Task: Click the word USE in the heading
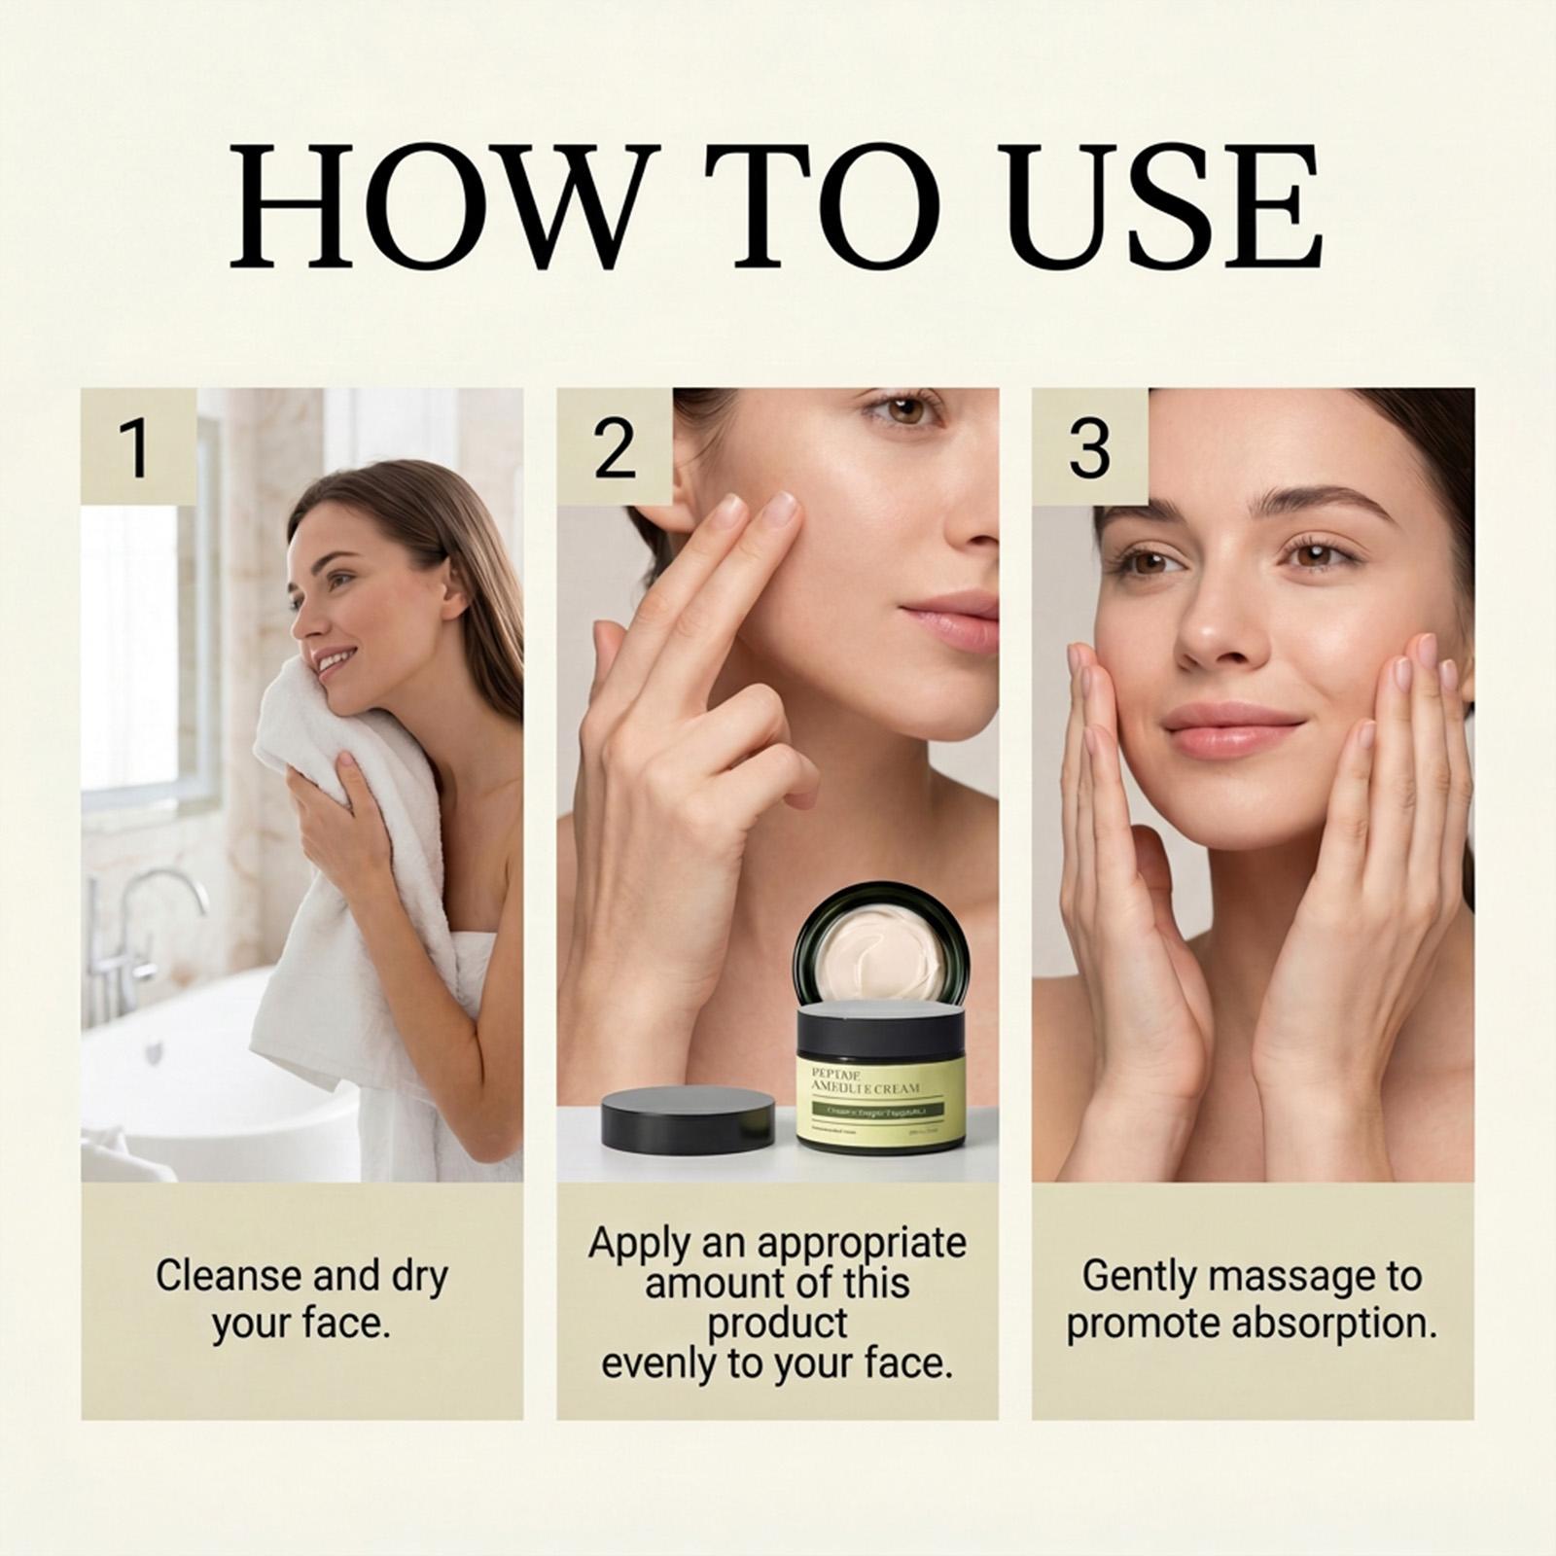[1163, 207]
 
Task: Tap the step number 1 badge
[138, 447]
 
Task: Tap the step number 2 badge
[614, 447]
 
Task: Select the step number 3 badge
[1089, 447]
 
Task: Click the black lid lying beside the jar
[688, 1118]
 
